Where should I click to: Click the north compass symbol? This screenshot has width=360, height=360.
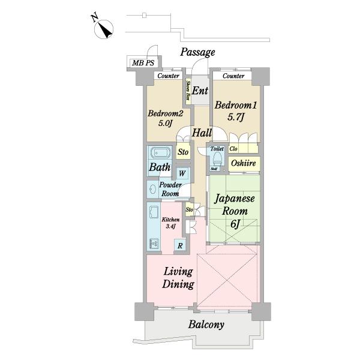tap(104, 29)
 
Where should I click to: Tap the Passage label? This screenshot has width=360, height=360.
tap(197, 52)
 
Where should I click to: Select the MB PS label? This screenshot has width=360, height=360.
tap(143, 62)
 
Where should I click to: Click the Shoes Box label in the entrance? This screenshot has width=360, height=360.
tap(188, 90)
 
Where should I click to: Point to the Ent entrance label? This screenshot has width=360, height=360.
tap(200, 91)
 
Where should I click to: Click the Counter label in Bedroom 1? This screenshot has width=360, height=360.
tap(233, 76)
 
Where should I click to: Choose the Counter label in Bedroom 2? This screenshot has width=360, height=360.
tap(168, 76)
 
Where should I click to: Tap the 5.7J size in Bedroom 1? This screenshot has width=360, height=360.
tap(235, 118)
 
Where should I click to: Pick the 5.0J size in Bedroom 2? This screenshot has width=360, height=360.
tap(165, 123)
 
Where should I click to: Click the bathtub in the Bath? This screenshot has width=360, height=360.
tap(160, 152)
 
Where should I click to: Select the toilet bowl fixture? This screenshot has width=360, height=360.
tap(217, 158)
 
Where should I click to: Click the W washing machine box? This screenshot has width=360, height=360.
tap(182, 173)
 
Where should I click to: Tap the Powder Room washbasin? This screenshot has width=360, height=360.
tap(152, 190)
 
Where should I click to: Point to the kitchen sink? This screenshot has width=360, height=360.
tap(154, 212)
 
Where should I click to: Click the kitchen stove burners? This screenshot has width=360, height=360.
tap(154, 244)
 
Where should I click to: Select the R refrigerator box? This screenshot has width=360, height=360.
tap(180, 246)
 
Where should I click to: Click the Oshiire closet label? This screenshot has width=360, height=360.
tap(244, 163)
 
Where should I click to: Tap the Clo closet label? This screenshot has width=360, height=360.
tap(233, 149)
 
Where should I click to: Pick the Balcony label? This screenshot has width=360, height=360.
tap(206, 325)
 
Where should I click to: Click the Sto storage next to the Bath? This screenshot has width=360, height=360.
tap(183, 152)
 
